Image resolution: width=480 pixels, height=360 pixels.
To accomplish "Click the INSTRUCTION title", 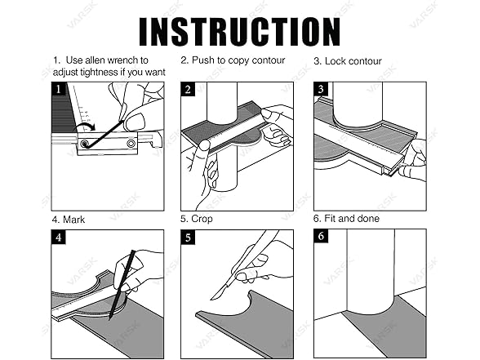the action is coord(240,32).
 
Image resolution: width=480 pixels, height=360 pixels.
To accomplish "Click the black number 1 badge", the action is coord(59,89).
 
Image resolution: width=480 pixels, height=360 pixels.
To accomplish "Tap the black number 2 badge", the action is coord(188,89).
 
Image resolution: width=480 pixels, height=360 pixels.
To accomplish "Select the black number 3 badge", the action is coord(321,89).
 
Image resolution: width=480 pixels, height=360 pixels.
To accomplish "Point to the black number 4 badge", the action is coord(59,238).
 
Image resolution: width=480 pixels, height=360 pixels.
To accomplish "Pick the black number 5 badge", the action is coord(188,238).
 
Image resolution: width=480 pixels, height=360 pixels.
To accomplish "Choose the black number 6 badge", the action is coord(321,236).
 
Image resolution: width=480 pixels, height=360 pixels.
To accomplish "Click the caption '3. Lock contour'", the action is coord(348,61).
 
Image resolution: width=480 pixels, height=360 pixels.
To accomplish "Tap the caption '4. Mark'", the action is coord(69,220).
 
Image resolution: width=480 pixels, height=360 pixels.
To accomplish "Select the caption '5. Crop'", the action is coord(197,219).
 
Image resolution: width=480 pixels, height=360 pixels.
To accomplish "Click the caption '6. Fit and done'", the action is coord(346,219).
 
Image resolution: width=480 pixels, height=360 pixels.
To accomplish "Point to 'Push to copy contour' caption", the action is coord(238,60).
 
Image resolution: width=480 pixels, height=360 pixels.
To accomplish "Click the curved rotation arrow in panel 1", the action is coord(86,127).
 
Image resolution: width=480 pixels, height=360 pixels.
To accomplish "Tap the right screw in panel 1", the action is coord(131,143).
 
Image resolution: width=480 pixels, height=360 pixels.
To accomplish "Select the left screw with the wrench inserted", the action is coord(84,144).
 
